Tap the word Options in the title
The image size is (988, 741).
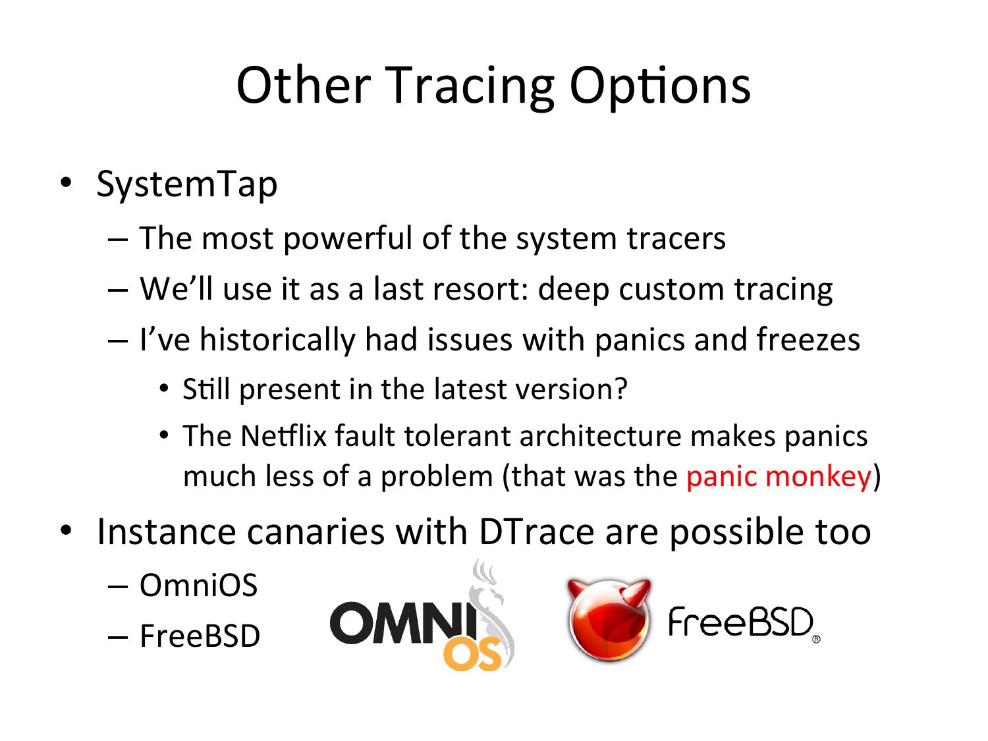click(x=660, y=87)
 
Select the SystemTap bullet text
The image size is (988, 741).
click(x=187, y=185)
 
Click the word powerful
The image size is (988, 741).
click(x=348, y=239)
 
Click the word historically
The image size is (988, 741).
click(x=278, y=340)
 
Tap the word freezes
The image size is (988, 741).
click(x=808, y=339)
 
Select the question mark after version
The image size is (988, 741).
click(x=621, y=389)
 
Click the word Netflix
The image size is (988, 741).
click(x=284, y=435)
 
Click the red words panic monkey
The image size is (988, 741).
click(x=779, y=477)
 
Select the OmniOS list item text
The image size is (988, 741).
click(x=198, y=585)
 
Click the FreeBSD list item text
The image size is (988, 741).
click(x=200, y=636)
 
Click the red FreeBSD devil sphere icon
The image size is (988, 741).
click(x=609, y=620)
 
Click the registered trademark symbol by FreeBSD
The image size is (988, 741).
click(x=817, y=639)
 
